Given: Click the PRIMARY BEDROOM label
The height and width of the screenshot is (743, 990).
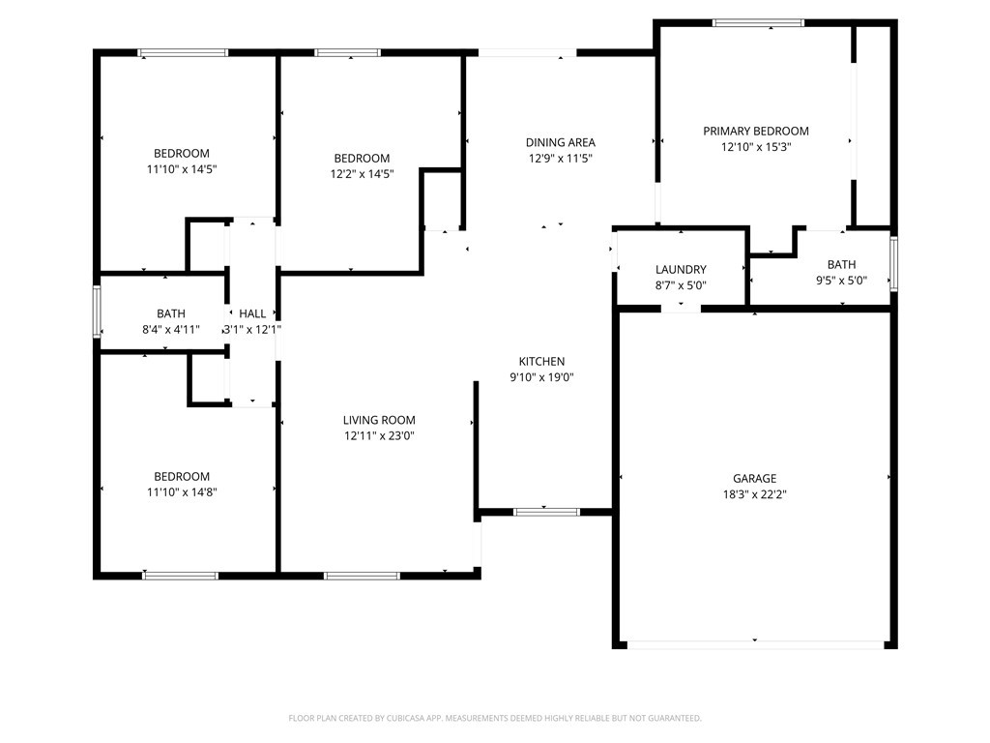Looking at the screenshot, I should point(755,131).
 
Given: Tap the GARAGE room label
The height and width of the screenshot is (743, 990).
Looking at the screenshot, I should point(754,478).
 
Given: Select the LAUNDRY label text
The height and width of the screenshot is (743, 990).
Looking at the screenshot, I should point(681,269).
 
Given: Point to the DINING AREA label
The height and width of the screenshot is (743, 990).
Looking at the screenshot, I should point(560,142).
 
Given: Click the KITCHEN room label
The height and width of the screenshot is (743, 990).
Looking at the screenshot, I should point(541,362).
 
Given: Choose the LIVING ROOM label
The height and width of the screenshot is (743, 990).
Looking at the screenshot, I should point(379,420).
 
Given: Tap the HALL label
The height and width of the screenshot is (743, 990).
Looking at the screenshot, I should point(252,313).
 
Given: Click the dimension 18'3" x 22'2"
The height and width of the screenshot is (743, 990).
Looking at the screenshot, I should point(754,493).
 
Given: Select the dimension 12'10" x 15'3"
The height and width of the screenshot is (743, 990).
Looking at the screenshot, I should point(755,147).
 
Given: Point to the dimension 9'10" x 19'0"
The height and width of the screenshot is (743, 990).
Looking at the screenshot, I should point(541,377).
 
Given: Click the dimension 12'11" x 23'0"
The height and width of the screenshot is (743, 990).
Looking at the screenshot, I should point(379,435).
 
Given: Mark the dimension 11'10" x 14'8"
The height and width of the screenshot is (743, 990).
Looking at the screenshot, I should point(182,491).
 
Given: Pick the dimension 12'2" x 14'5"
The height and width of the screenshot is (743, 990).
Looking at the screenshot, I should point(362,174).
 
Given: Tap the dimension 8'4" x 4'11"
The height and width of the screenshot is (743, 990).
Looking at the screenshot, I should point(171,329).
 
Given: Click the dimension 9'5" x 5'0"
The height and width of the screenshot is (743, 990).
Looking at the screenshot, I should point(841,281).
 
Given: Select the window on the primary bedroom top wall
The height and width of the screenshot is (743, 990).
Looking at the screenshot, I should point(758,22).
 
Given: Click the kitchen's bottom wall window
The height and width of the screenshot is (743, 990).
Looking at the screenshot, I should point(546,511).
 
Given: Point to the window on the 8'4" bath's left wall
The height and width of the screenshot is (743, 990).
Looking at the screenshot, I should point(97,312).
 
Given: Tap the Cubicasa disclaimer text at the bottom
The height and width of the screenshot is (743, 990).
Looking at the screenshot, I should point(495,718).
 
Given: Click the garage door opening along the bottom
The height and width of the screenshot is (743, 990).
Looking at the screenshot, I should point(754,643).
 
